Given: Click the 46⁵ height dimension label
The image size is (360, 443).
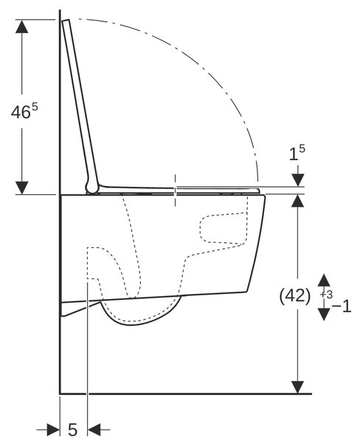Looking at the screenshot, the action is tap(24, 111).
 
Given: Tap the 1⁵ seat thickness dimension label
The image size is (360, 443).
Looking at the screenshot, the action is tap(297, 153).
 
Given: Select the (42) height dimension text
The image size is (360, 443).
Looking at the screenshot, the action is tap(295, 296).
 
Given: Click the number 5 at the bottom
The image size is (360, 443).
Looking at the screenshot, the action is tap(72, 430).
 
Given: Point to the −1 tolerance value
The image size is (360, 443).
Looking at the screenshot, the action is tap(342, 306).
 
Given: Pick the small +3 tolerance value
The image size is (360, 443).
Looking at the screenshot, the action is tap(326, 295).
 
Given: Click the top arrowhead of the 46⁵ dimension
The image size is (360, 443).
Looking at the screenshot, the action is tap(21, 27).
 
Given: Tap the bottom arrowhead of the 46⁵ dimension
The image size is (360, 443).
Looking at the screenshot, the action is tap(21, 188).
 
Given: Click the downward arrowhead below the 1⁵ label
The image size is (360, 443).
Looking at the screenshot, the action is tap(298, 180).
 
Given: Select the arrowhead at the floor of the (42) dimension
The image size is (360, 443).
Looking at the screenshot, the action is tap(297, 387).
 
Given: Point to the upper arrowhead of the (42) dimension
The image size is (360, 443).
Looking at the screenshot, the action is tap(297, 201).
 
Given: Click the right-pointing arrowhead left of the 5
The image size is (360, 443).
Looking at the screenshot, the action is tap(53, 430).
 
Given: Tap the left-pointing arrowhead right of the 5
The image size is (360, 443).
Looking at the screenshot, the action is tap(94, 430).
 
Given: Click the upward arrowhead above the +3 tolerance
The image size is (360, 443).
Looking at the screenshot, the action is tap(324, 280).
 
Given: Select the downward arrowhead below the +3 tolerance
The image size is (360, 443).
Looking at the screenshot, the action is tap(324, 315).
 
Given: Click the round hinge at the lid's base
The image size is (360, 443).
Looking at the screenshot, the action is tap(92, 188).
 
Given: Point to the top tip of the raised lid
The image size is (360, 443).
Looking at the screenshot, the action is tap(66, 21).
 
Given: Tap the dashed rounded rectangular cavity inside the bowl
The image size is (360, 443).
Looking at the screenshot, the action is tap(224, 228).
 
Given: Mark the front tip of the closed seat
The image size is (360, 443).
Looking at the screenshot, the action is tap(258, 190).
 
